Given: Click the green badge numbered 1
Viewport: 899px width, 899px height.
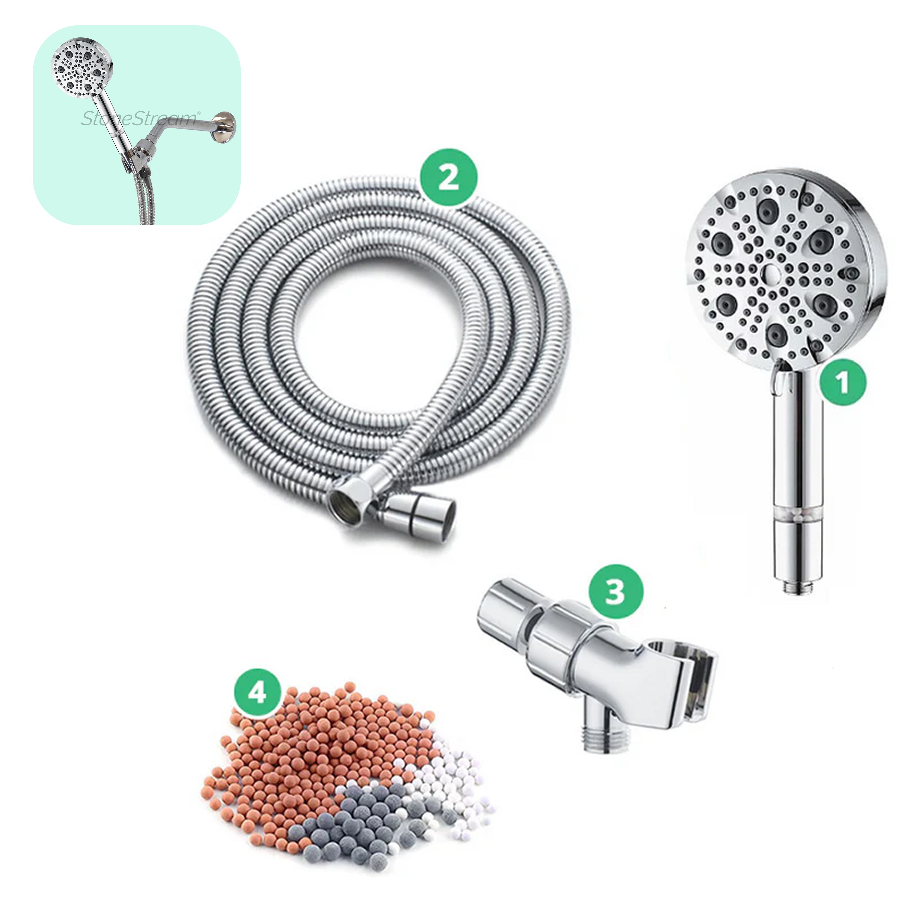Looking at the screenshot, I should pyautogui.click(x=843, y=382).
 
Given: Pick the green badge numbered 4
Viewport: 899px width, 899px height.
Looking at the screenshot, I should pyautogui.click(x=257, y=693).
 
